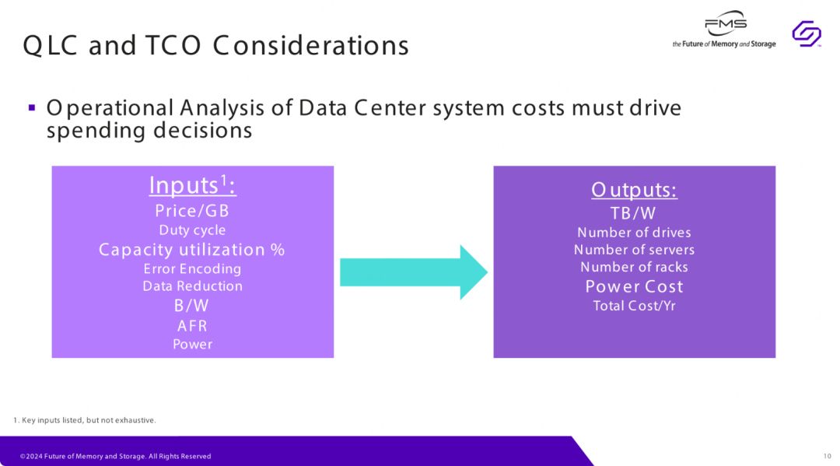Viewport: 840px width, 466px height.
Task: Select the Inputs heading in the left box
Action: coord(192,185)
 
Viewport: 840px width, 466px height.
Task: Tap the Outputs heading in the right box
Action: coord(635,190)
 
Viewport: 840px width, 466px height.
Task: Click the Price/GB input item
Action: coord(192,211)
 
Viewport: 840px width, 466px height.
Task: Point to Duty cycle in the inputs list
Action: coord(192,230)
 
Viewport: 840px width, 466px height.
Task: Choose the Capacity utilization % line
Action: coord(192,250)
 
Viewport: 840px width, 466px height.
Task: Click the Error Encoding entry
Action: coord(192,268)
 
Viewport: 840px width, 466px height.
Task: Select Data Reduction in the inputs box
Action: coord(192,286)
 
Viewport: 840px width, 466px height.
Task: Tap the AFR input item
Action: coord(192,326)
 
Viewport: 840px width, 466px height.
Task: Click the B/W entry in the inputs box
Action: coord(192,305)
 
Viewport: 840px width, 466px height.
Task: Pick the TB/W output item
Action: coord(633,213)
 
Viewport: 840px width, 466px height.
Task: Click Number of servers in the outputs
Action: coord(635,250)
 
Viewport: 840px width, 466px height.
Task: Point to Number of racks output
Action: coord(635,267)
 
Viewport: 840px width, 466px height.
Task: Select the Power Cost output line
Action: coord(635,286)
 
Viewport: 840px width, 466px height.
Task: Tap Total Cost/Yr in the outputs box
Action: coord(635,306)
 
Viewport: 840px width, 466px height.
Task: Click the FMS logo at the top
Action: coord(724,30)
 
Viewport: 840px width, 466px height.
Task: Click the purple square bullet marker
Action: coord(32,107)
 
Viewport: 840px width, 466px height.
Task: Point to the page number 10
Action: coord(827,457)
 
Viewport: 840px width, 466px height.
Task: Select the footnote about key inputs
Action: coord(85,420)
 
